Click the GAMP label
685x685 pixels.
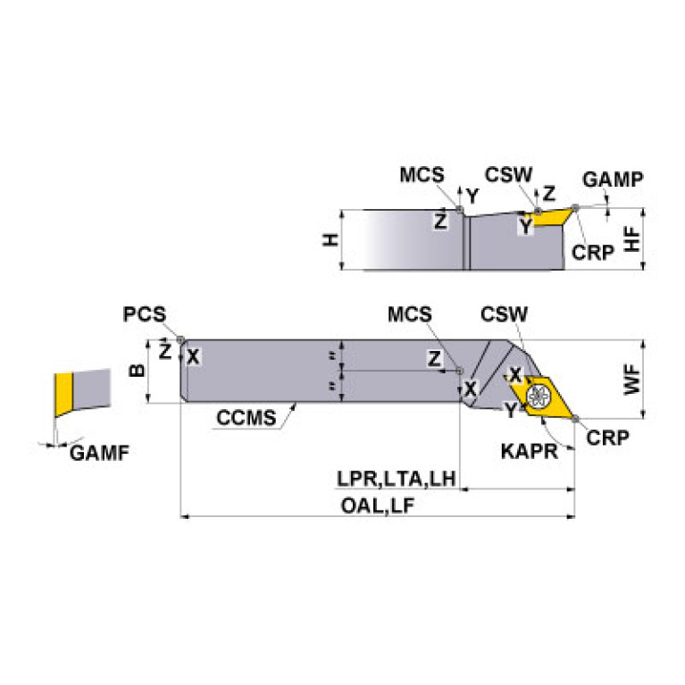[x=612, y=180]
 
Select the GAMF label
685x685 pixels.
[x=99, y=453]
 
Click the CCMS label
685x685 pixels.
[x=244, y=417]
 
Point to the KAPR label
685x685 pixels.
[x=530, y=450]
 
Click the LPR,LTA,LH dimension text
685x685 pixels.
[x=397, y=480]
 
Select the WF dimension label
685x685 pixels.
[x=632, y=380]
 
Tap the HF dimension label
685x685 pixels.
[x=632, y=238]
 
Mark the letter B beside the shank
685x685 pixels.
[x=137, y=370]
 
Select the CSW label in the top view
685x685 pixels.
[x=504, y=314]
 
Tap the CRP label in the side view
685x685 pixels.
[x=593, y=252]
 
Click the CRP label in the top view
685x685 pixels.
[x=608, y=437]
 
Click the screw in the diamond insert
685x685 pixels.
[x=539, y=395]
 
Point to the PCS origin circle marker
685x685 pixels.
[x=180, y=339]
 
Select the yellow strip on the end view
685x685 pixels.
[x=62, y=395]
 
